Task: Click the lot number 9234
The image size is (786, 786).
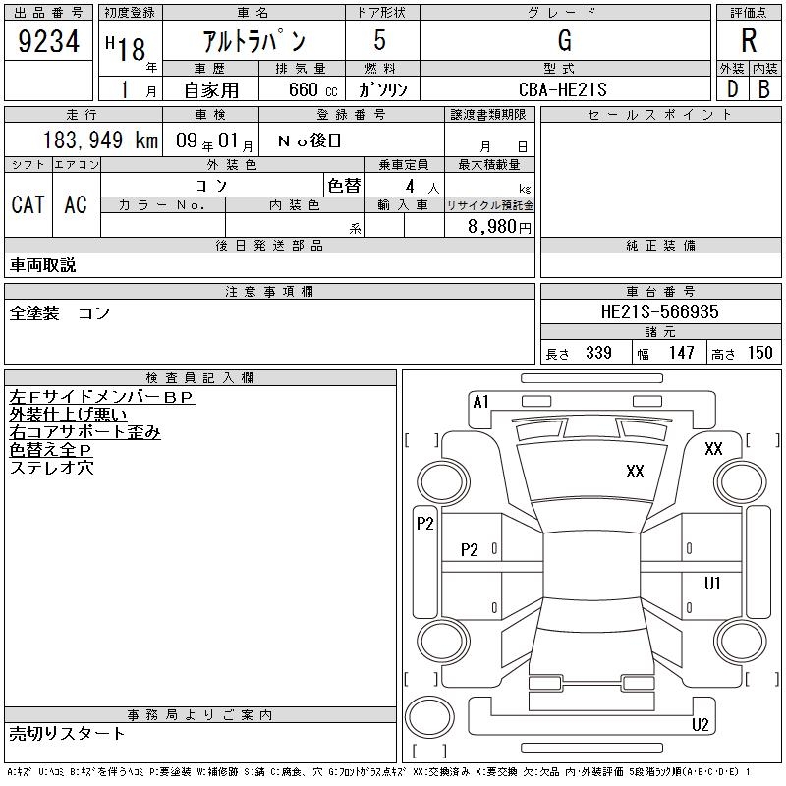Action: [48, 41]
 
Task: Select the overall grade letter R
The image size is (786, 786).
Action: [749, 40]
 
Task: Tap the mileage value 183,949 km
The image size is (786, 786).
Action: [100, 140]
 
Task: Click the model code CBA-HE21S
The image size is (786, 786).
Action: [562, 89]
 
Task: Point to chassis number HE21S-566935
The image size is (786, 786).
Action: [659, 311]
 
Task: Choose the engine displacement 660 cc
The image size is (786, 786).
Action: [312, 89]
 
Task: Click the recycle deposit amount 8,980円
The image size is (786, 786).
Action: [499, 227]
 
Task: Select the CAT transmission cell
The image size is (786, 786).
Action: [28, 204]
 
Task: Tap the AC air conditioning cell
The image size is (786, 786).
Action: [76, 204]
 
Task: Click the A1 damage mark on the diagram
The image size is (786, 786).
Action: [480, 402]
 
